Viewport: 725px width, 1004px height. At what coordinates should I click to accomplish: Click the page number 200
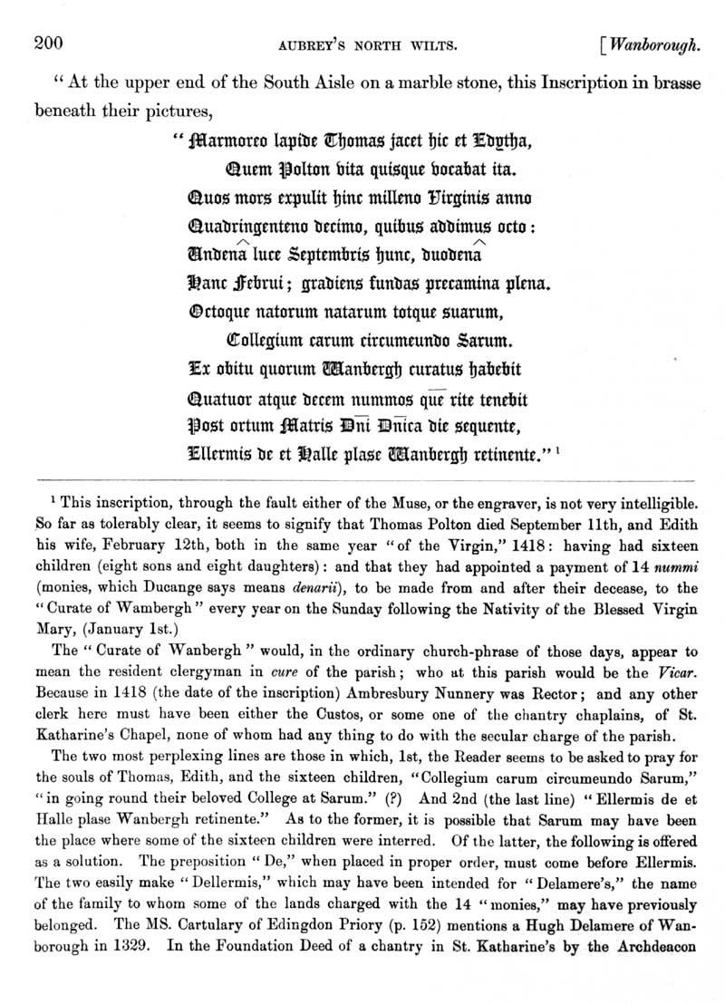[x=46, y=42]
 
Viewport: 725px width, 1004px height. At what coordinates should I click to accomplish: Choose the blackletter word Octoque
[x=221, y=313]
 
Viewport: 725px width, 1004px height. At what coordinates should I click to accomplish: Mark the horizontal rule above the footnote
[x=362, y=476]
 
